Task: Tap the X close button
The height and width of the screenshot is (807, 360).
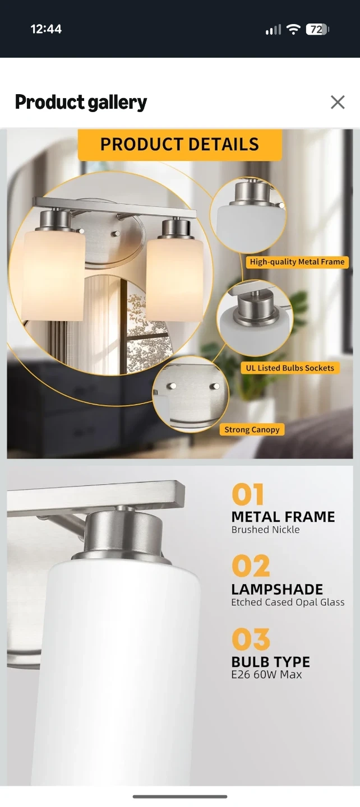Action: pos(338,103)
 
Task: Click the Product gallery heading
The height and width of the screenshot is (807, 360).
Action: pos(81,103)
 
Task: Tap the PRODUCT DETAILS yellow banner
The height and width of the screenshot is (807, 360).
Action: pos(180,145)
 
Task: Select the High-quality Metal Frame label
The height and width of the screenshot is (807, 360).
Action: pos(297,262)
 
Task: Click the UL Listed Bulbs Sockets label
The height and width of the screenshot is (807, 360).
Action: pos(290,368)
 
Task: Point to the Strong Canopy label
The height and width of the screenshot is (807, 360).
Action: pos(252,429)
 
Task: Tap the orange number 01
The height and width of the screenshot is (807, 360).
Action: pos(248,495)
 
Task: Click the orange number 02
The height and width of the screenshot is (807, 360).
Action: pos(251,567)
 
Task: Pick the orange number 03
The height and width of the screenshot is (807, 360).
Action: pos(251,639)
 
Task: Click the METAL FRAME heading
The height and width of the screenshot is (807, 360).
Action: pos(283,517)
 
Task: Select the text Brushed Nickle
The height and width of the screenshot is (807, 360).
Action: pos(266,530)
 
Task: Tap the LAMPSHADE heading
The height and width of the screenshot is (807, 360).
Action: pos(277,590)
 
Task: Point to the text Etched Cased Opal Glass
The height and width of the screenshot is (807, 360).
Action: pos(288,602)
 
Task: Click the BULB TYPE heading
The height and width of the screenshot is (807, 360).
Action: pos(271,662)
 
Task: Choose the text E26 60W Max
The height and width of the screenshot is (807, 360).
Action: pos(267,675)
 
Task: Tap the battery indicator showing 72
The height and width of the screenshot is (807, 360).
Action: pos(317,30)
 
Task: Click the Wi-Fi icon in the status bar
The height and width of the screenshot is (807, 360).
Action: pos(293,30)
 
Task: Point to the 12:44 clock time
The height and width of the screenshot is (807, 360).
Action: pos(46,29)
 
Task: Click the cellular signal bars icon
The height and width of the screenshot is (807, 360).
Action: pos(273,30)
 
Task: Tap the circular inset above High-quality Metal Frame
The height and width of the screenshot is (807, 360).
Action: pos(248,215)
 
